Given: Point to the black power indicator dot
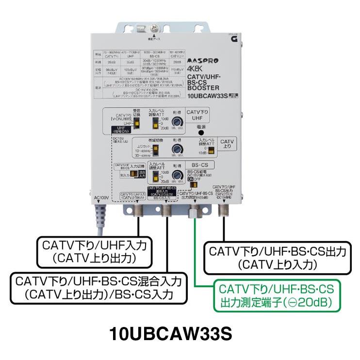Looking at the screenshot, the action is click(200, 132).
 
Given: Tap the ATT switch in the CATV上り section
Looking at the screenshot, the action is click(212, 150).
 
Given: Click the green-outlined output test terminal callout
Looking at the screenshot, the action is click(276, 296).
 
